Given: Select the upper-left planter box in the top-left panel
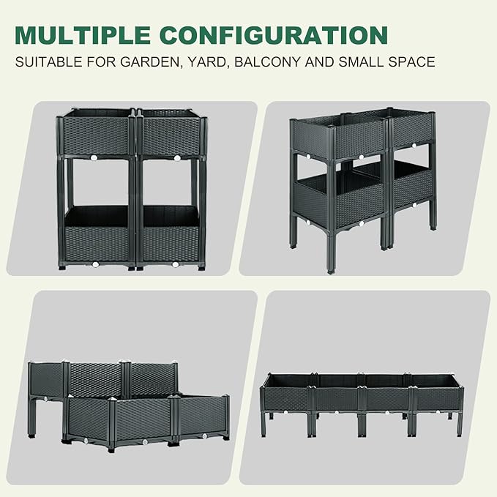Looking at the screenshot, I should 96,135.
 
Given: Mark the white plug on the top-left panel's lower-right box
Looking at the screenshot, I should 176,263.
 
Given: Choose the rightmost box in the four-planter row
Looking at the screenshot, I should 438,398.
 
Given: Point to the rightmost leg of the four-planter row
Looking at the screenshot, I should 460,424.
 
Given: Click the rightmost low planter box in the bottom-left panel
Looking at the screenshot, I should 201,415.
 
